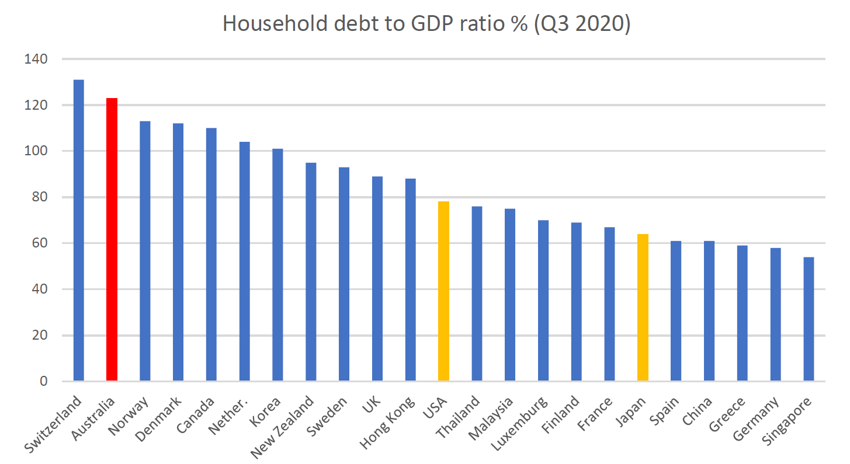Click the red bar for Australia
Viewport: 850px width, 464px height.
(112, 239)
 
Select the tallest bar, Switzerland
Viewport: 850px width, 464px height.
(78, 230)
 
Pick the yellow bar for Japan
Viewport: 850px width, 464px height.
(643, 307)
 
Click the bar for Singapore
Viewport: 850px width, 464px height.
(809, 319)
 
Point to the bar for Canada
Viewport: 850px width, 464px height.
(211, 254)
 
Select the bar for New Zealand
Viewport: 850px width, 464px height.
(311, 272)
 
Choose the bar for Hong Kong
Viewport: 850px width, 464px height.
(410, 280)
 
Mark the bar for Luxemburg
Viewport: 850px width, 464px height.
(543, 301)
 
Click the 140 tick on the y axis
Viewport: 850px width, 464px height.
(36, 59)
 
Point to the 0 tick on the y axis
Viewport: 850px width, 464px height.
(43, 381)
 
